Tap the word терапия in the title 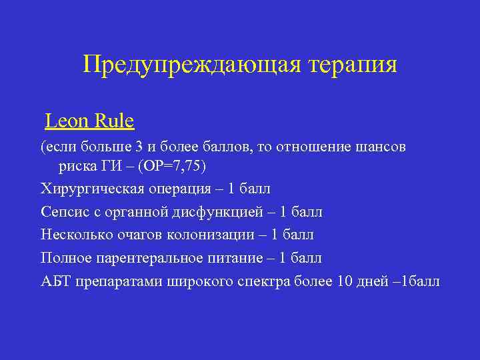pyautogui.click(x=353, y=64)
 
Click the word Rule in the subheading pyautogui.click(x=115, y=121)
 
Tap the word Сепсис pyautogui.click(x=64, y=212)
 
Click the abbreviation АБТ pyautogui.click(x=55, y=281)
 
